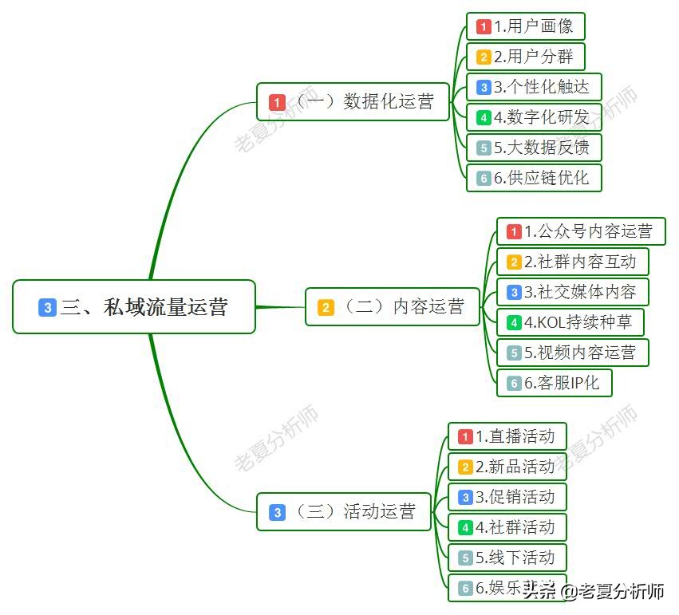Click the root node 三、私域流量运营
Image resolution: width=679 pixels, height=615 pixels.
pos(134,306)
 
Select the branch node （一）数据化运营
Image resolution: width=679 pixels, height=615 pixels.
pos(353,102)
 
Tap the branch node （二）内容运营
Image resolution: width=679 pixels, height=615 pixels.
pos(393,307)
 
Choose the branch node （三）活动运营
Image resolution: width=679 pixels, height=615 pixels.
pos(344,512)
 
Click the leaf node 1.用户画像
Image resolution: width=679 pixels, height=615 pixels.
pos(525,26)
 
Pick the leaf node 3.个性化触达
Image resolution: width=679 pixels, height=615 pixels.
pos(533,87)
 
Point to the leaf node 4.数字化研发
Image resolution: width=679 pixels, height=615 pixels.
pos(533,117)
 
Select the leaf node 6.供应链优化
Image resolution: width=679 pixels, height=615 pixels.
pos(533,178)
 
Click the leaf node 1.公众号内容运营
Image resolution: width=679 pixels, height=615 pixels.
pos(579,231)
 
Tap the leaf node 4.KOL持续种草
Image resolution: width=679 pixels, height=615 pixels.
pos(570,322)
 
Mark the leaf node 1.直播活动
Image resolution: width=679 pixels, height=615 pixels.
pos(507,436)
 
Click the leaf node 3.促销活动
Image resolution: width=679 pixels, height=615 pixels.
pos(507,497)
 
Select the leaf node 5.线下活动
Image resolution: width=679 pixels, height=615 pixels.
pos(507,557)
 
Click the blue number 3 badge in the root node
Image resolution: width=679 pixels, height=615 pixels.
pos(47,307)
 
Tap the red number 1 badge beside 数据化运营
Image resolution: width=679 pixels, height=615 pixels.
pos(278,103)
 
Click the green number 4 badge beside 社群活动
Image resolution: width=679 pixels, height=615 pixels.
pos(465,527)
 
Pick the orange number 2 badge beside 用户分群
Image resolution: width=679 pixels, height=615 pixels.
pos(484,57)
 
